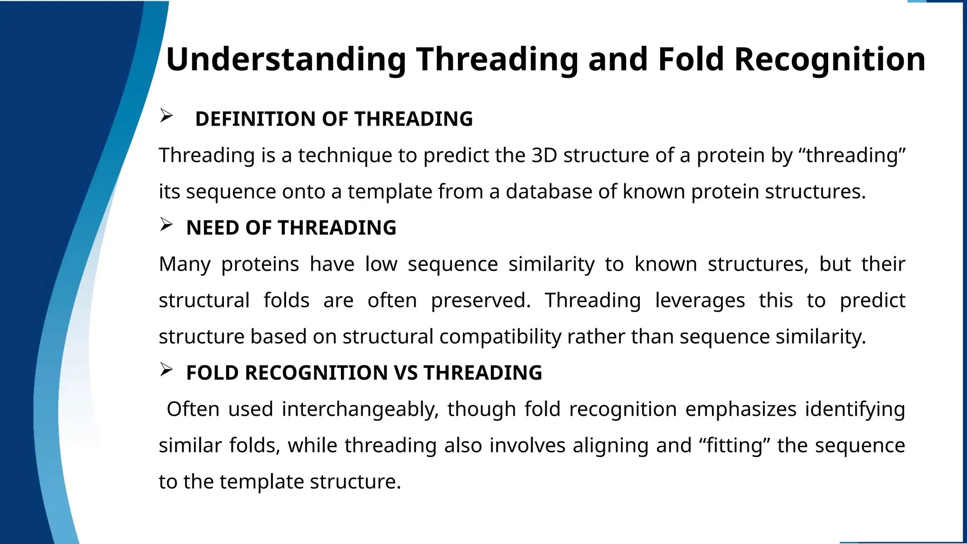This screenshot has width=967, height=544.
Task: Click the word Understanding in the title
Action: pos(286,60)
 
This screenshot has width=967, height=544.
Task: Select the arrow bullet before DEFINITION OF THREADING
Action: pos(166,116)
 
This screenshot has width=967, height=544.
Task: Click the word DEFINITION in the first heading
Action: pos(255,119)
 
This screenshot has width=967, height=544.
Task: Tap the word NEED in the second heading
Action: pos(212,228)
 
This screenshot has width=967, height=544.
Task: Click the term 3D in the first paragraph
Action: pos(544,155)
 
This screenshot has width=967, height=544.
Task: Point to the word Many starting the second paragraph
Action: pos(185,264)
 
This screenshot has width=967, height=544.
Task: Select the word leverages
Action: pos(700,301)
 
